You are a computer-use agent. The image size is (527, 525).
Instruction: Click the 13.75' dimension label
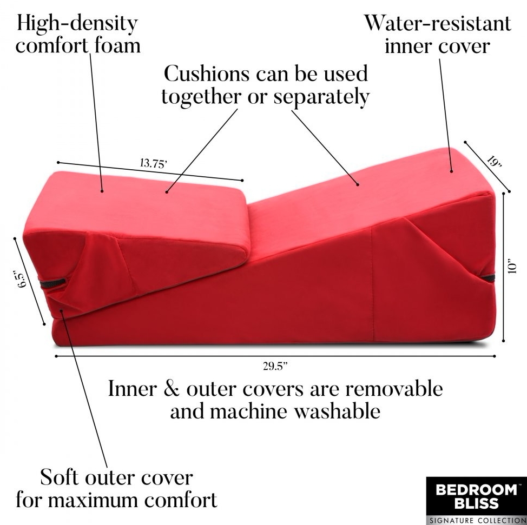(x=153, y=163)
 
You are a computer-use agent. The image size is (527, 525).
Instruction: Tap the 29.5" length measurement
(x=275, y=367)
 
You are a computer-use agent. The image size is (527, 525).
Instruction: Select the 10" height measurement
(x=515, y=268)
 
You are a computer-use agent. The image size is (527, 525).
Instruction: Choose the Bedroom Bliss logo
(x=476, y=496)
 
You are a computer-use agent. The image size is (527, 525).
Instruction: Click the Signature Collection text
(x=476, y=520)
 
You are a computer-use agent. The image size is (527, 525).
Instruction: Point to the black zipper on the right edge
(x=488, y=278)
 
